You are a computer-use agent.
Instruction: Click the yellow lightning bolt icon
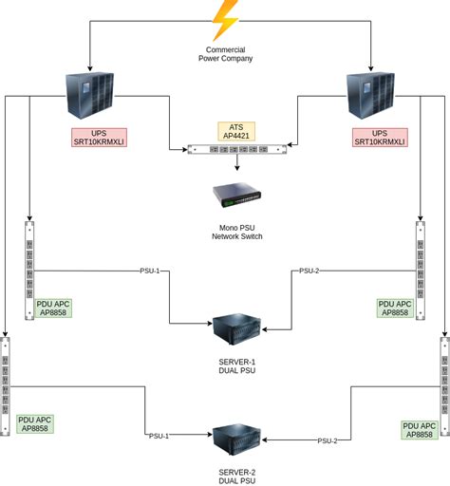(225, 19)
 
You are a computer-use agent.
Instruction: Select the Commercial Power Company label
(225, 54)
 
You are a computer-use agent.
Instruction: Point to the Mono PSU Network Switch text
(236, 231)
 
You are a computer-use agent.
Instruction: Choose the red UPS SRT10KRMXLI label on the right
(379, 137)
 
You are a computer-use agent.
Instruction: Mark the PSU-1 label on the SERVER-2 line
(159, 436)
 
